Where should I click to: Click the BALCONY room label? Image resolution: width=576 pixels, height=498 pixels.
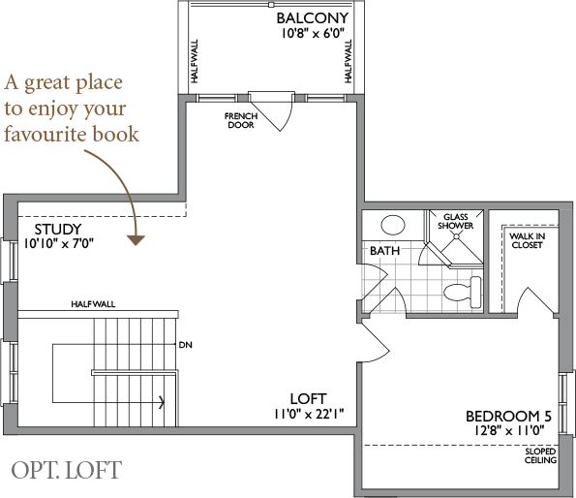tap(313, 18)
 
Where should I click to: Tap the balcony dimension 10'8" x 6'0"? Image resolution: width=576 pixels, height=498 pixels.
tap(313, 34)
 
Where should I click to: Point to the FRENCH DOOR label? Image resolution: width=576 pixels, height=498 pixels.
tap(241, 120)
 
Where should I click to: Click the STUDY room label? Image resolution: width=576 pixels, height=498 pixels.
tap(58, 230)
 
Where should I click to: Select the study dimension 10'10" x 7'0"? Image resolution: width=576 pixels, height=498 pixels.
tap(59, 243)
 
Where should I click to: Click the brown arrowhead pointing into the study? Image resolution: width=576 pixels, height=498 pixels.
tap(136, 240)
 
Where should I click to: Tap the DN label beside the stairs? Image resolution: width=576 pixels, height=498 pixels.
tap(186, 345)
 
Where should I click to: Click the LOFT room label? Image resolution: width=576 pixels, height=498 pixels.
tap(308, 399)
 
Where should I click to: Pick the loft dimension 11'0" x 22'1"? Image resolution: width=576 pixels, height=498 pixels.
tap(309, 415)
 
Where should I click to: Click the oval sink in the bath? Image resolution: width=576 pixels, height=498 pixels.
tap(393, 225)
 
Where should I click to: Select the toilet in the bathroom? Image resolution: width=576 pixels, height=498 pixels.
tap(463, 293)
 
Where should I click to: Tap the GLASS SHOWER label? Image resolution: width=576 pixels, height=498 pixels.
tap(456, 222)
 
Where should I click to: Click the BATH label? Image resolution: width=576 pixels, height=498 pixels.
tap(384, 251)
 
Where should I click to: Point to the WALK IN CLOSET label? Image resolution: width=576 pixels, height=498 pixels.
tap(528, 240)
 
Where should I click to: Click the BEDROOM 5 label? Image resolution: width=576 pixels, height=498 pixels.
tap(509, 417)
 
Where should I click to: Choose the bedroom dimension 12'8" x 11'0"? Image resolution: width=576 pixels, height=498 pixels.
tap(509, 430)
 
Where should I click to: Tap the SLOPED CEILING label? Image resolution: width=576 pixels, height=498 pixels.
tap(540, 455)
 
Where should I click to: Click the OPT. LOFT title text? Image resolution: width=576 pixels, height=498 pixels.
tap(67, 470)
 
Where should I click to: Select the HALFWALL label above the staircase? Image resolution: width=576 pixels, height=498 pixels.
tap(93, 304)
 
